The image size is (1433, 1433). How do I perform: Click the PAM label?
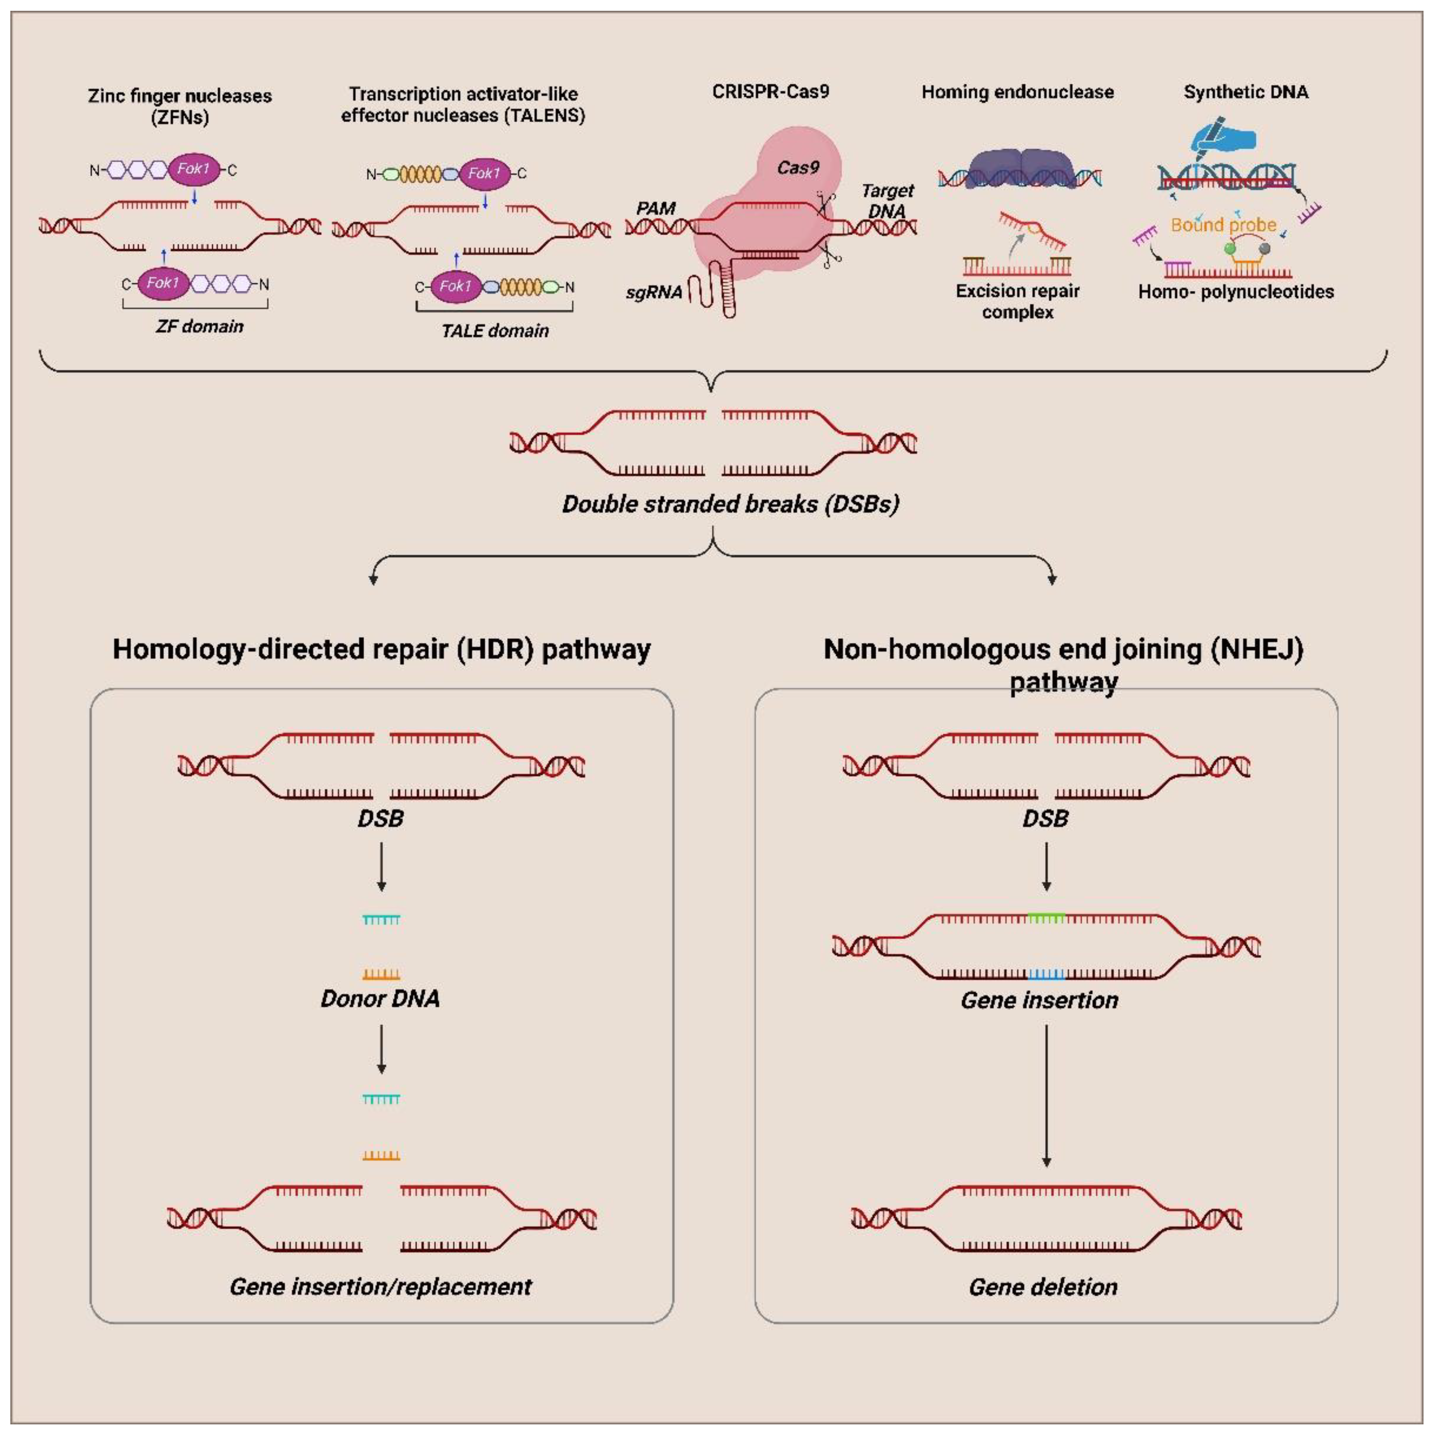pos(656,208)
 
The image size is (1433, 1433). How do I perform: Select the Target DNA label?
pos(887,201)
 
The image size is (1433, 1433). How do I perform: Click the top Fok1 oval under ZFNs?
pos(194,169)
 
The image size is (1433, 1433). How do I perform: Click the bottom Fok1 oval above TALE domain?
pos(455,287)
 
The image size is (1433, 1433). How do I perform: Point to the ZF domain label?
pos(199,326)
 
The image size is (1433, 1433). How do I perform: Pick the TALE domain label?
pos(495,331)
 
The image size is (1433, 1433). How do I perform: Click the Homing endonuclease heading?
pos(1017,92)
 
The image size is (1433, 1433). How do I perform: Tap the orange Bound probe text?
pos(1223,225)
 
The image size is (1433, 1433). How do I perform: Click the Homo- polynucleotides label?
pos(1236,292)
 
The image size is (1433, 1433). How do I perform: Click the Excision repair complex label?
pos(1017,301)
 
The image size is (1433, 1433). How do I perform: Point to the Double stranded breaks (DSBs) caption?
pos(731,504)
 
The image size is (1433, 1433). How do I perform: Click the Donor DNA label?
pos(381,998)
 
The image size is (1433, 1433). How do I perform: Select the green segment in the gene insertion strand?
pos(1046,918)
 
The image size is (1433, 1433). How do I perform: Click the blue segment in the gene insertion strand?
pos(1046,974)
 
